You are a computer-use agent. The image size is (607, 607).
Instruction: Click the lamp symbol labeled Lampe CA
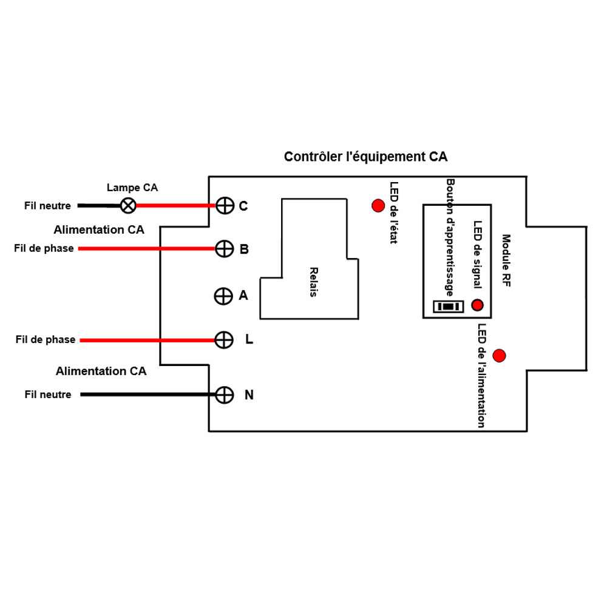127,206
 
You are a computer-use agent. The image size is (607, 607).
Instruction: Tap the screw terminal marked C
225,206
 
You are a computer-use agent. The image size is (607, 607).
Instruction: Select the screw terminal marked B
225,248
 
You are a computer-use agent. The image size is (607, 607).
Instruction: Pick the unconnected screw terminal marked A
223,296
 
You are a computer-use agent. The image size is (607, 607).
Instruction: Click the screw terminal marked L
224,340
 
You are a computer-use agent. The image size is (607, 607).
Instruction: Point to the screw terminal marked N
225,395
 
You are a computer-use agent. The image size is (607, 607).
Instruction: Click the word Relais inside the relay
313,282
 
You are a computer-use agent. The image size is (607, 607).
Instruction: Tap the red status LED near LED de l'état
378,206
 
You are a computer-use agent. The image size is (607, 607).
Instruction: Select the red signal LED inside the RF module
478,305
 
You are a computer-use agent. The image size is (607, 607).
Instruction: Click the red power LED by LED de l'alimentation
500,355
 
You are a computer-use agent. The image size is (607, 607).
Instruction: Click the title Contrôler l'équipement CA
365,157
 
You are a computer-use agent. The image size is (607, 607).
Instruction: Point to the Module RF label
506,261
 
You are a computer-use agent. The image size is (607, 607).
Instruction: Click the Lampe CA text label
132,188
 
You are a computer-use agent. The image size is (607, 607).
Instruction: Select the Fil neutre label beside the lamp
47,206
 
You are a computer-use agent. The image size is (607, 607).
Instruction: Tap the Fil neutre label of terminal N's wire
48,395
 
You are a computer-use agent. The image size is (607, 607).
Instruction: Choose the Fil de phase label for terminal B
44,248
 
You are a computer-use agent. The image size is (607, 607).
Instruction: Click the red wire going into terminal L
146,341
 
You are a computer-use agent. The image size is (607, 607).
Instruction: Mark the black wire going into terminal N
146,395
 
